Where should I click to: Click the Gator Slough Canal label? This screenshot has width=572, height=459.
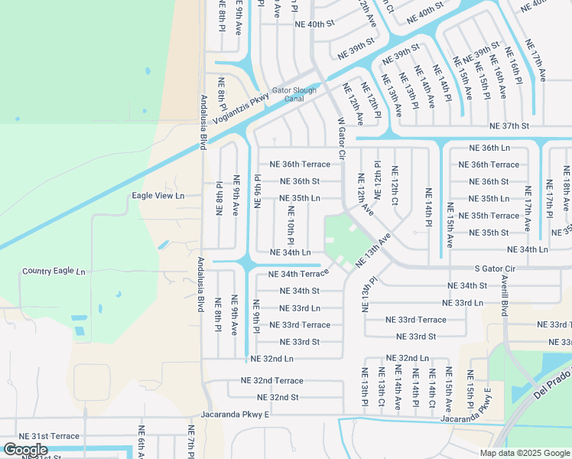294,94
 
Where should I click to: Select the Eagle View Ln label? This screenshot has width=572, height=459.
158,196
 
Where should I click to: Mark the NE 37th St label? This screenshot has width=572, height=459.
511,126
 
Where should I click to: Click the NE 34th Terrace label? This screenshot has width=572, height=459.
298,274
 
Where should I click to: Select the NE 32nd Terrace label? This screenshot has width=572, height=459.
272,380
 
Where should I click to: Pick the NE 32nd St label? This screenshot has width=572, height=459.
278,397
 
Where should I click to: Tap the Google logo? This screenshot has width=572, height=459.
25,450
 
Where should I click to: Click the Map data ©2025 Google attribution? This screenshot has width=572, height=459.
524,453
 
